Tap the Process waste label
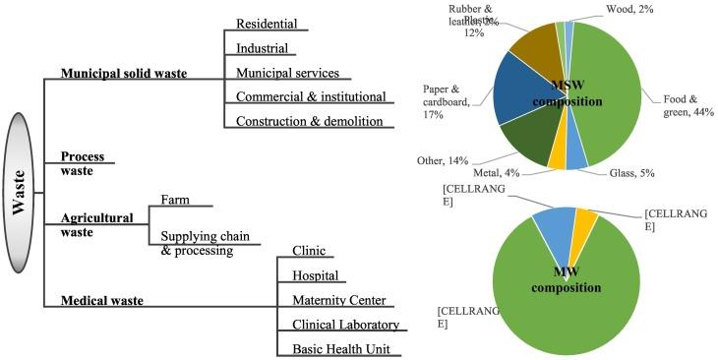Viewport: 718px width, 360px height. point(84,163)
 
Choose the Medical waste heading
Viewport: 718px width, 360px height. point(103,300)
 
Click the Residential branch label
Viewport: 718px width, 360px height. point(267,24)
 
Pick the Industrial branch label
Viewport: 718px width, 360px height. point(263,48)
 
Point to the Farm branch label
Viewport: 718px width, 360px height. point(176,201)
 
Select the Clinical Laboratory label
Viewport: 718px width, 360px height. point(344,325)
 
